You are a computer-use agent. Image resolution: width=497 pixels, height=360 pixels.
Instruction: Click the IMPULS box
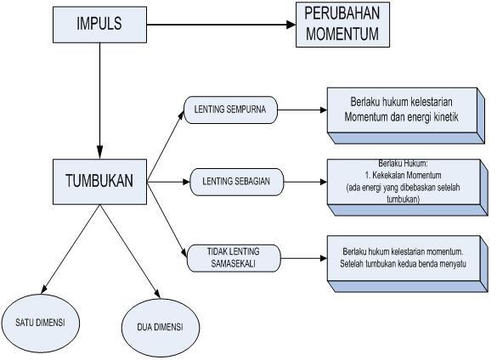[99, 25]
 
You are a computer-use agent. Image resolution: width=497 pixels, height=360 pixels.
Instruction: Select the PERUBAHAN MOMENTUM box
[342, 25]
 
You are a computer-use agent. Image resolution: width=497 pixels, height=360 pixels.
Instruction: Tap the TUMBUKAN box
[99, 182]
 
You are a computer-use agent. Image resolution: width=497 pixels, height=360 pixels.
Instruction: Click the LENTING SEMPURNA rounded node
[230, 110]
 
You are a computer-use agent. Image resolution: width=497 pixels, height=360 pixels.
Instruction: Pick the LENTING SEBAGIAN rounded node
[236, 182]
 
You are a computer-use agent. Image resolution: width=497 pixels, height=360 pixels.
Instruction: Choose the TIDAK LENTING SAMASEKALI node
[234, 258]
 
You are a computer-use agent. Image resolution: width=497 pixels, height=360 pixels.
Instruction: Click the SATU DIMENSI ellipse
[40, 323]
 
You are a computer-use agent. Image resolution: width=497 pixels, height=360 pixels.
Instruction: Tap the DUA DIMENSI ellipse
[161, 328]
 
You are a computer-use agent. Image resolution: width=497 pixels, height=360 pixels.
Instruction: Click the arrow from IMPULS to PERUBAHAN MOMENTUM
[221, 25]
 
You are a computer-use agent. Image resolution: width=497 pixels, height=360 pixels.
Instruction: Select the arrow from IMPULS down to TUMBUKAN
[100, 101]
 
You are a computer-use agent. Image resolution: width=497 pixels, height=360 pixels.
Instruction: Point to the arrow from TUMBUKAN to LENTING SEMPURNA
[166, 146]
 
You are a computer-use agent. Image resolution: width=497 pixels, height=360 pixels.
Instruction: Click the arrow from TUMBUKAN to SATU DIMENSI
[71, 249]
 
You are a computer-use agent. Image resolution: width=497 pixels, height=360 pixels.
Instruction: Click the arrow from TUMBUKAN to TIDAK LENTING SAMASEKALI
[167, 220]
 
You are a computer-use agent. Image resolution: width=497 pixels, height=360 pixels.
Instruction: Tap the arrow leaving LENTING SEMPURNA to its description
[302, 110]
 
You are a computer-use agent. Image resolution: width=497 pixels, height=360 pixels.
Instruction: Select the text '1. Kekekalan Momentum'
[403, 175]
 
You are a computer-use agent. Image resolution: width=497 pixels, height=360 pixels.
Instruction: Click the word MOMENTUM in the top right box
[342, 34]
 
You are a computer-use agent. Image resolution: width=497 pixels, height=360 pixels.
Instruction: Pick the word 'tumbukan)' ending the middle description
[404, 199]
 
